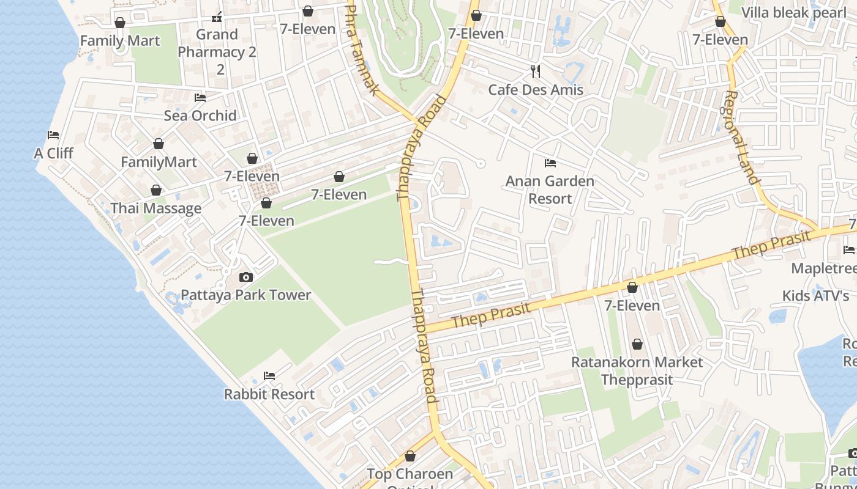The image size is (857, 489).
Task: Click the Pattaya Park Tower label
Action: pyautogui.click(x=245, y=295)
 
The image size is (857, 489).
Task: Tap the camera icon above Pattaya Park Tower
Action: pyautogui.click(x=245, y=278)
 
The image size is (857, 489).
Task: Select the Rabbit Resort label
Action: pyautogui.click(x=269, y=394)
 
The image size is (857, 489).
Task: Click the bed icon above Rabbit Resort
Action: pyautogui.click(x=269, y=375)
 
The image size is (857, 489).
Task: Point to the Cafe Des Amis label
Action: pyautogui.click(x=536, y=90)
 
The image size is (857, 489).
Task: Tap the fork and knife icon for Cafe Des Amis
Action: pyautogui.click(x=536, y=72)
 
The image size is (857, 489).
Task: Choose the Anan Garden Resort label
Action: pyautogui.click(x=550, y=189)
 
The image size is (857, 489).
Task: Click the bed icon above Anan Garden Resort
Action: pyautogui.click(x=550, y=163)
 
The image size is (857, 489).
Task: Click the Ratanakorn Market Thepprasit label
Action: pyautogui.click(x=637, y=370)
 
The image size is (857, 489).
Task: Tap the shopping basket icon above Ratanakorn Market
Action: pyautogui.click(x=637, y=344)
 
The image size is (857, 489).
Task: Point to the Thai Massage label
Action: pyautogui.click(x=155, y=208)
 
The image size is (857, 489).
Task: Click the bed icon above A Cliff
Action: pyautogui.click(x=53, y=135)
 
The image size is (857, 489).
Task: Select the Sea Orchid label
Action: pyautogui.click(x=200, y=116)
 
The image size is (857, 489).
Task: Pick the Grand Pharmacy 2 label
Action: pyautogui.click(x=217, y=52)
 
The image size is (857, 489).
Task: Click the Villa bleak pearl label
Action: pyautogui.click(x=793, y=13)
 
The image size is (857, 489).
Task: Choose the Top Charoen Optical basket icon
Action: pyautogui.click(x=410, y=456)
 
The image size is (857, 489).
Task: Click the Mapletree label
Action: pyautogui.click(x=823, y=268)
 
